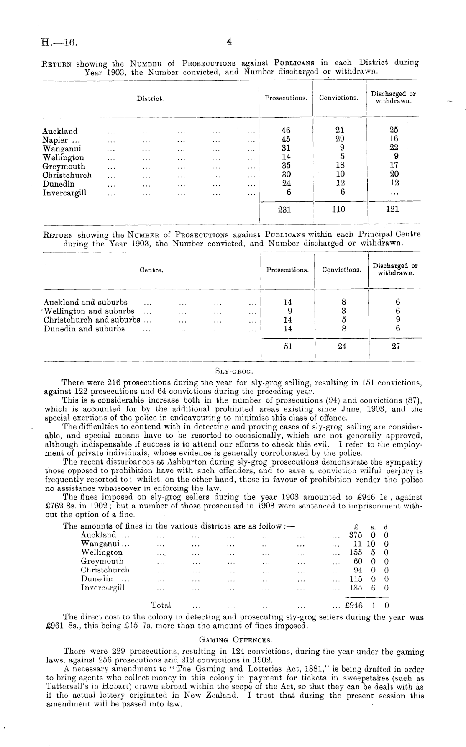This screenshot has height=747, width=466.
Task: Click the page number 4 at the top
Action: pyautogui.click(x=229, y=41)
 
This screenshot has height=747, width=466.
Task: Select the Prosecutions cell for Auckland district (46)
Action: pyautogui.click(x=286, y=131)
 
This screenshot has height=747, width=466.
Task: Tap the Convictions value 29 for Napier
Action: pyautogui.click(x=340, y=139)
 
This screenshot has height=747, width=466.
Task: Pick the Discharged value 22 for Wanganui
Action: pyautogui.click(x=394, y=148)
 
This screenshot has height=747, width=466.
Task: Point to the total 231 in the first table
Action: pyautogui.click(x=284, y=209)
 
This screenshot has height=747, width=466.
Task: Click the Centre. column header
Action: pyautogui.click(x=151, y=270)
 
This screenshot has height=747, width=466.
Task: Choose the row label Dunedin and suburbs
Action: pyautogui.click(x=84, y=329)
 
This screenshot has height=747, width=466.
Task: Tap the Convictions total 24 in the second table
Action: pyautogui.click(x=342, y=347)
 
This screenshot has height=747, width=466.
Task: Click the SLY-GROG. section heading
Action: pyautogui.click(x=235, y=370)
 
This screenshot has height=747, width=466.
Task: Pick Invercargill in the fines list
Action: pyautogui.click(x=102, y=588)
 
